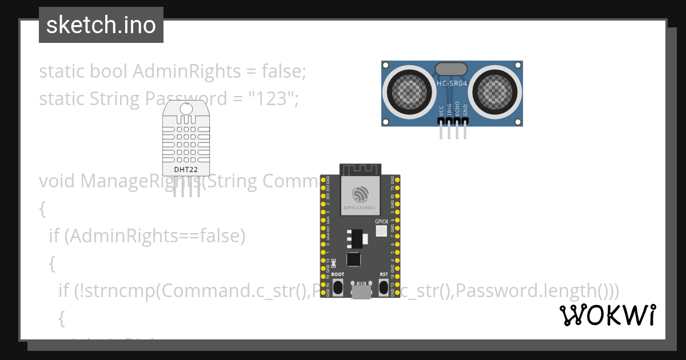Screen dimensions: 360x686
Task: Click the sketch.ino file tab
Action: point(101,25)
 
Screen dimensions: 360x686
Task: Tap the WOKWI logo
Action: point(607,315)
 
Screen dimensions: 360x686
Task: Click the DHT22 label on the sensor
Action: point(186,170)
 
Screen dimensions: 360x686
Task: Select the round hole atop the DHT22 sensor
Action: point(186,109)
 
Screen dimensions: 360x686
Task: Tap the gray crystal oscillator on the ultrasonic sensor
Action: point(452,69)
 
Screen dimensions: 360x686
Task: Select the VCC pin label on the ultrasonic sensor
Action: point(441,110)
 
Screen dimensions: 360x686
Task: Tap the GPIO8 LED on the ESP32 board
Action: point(381,230)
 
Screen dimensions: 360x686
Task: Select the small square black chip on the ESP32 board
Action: point(354,259)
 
